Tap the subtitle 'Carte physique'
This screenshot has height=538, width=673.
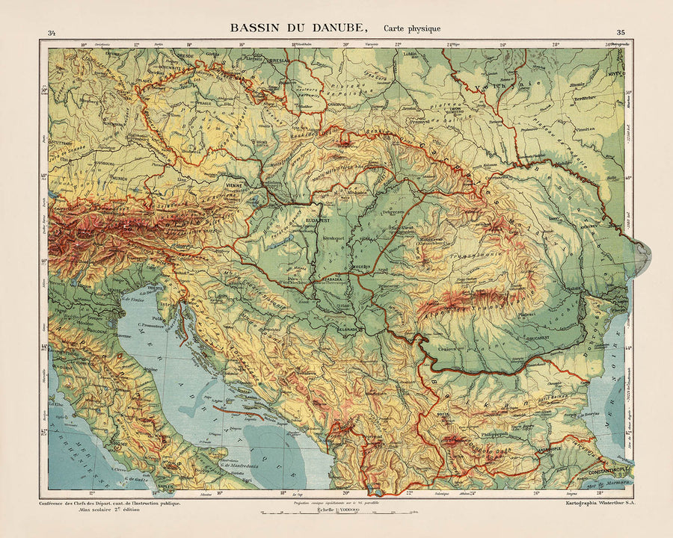point(412,28)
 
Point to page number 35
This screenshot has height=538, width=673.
point(621,32)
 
